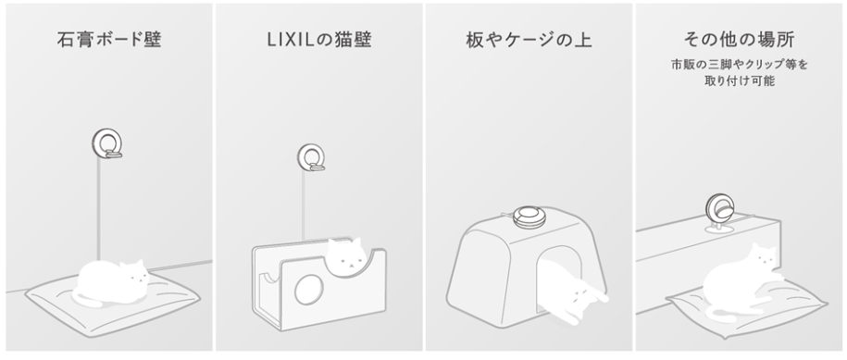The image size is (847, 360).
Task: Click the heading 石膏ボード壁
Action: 109,40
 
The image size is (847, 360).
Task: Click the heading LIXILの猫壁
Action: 319,40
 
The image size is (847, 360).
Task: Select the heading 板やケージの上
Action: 529,40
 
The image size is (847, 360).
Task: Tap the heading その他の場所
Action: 739,40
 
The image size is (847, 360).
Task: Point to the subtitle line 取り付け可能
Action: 739,81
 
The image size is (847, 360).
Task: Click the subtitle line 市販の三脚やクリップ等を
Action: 739,65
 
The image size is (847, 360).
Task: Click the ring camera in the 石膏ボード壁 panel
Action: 107,143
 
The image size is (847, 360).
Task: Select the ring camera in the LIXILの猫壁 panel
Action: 312,157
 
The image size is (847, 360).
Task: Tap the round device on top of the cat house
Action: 529,217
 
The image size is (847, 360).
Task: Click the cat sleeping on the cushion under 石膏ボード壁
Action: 112,281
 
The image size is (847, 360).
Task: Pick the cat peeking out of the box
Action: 345,254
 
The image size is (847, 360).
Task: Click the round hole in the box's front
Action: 308,289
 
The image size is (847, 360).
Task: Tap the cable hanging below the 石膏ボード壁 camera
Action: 98,209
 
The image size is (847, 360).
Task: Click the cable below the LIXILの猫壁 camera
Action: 303,205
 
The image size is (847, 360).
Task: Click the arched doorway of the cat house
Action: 560,271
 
